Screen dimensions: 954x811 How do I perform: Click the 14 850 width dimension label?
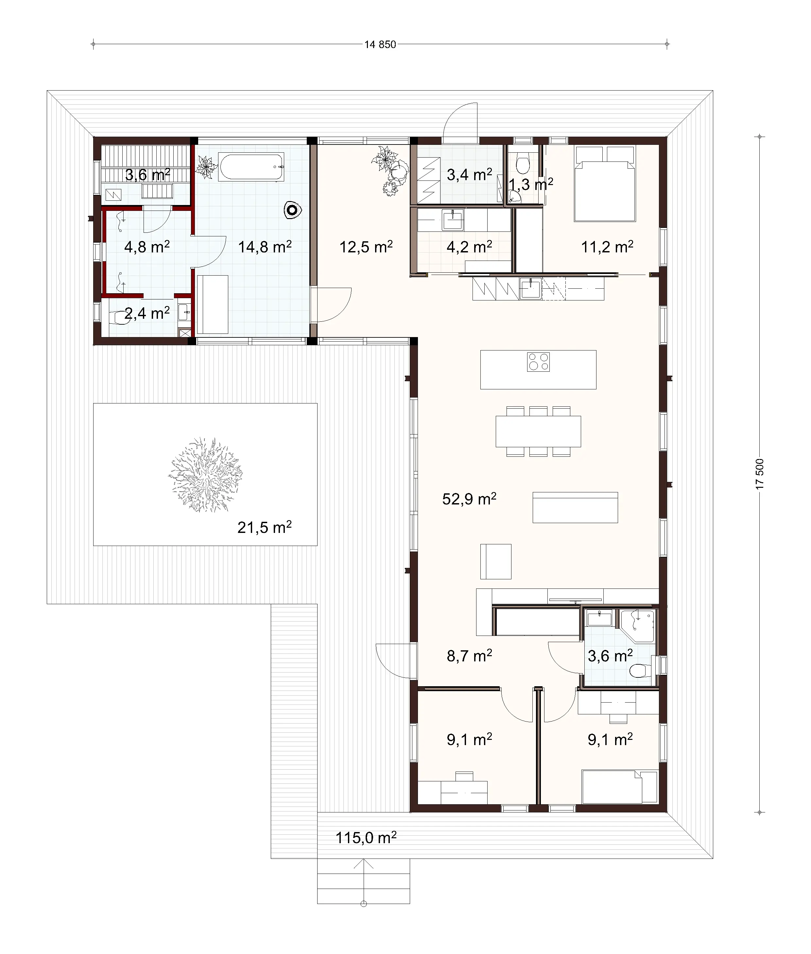pyautogui.click(x=380, y=44)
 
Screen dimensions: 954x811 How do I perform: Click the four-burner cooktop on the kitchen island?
pyautogui.click(x=538, y=362)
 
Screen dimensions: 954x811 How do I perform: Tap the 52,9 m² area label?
pyautogui.click(x=469, y=499)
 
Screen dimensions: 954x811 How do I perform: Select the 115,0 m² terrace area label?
pyautogui.click(x=366, y=838)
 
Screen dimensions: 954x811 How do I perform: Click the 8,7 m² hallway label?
pyautogui.click(x=469, y=656)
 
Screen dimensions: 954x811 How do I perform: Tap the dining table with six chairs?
pyautogui.click(x=538, y=431)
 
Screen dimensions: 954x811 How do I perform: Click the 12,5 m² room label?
pyautogui.click(x=366, y=247)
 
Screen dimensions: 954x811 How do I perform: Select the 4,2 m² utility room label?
pyautogui.click(x=469, y=247)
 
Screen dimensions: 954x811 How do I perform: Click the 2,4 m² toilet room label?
pyautogui.click(x=147, y=314)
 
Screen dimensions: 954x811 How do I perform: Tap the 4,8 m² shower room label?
pyautogui.click(x=147, y=247)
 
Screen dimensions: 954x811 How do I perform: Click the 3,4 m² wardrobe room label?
pyautogui.click(x=469, y=175)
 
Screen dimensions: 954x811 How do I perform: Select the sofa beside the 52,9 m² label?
pyautogui.click(x=575, y=507)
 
